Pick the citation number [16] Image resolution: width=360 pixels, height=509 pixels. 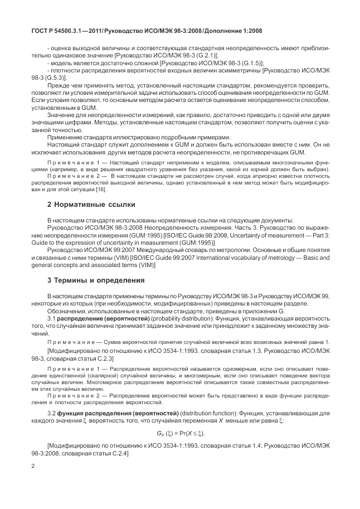tap(101, 190)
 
